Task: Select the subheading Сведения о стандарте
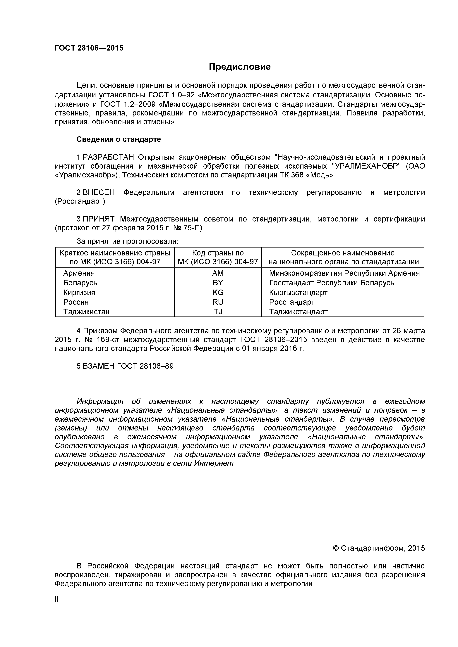119,139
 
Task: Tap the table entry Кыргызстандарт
298,293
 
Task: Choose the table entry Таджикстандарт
298,312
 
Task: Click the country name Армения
79,273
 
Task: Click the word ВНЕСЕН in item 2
99,193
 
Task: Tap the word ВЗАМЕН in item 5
99,366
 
